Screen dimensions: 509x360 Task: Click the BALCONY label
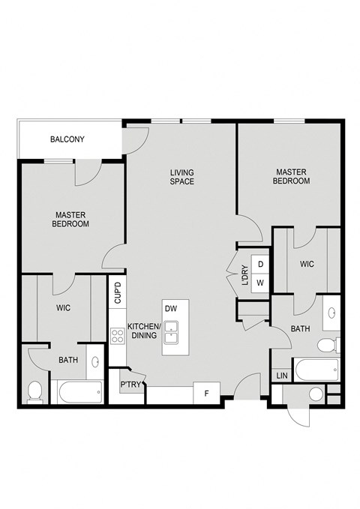click(x=67, y=139)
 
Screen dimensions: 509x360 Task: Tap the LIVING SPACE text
click(x=181, y=177)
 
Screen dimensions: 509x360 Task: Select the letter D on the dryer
click(x=260, y=265)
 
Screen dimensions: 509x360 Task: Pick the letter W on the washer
click(x=260, y=282)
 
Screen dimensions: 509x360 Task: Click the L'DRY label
click(x=244, y=276)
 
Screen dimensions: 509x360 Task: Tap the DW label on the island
click(x=170, y=308)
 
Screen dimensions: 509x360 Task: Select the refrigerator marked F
click(x=206, y=392)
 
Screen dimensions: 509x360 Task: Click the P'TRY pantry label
click(x=129, y=385)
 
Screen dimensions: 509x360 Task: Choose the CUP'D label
click(x=118, y=292)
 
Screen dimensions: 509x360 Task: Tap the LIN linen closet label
click(x=282, y=375)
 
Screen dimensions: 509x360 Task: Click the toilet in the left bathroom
click(x=34, y=391)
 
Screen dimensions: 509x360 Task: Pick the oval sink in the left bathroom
click(x=95, y=363)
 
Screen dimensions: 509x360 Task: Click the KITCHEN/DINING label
click(x=142, y=331)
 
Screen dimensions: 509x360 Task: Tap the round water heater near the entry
click(x=316, y=394)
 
